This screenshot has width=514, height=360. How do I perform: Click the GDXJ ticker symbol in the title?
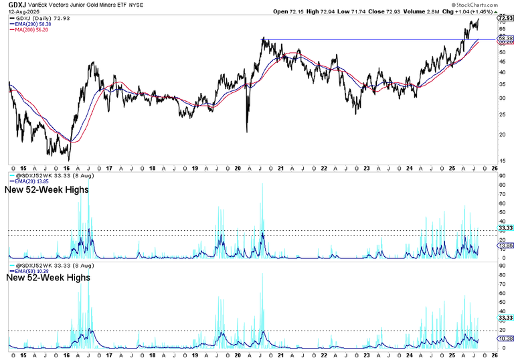coord(13,5)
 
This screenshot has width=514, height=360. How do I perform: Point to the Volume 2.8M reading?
coord(416,12)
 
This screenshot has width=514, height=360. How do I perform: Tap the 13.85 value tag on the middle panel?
coord(505,246)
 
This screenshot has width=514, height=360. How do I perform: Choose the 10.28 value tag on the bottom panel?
coord(505,339)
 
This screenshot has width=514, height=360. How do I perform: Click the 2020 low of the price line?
coord(247,131)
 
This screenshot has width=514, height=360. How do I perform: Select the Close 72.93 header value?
coord(377,12)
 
